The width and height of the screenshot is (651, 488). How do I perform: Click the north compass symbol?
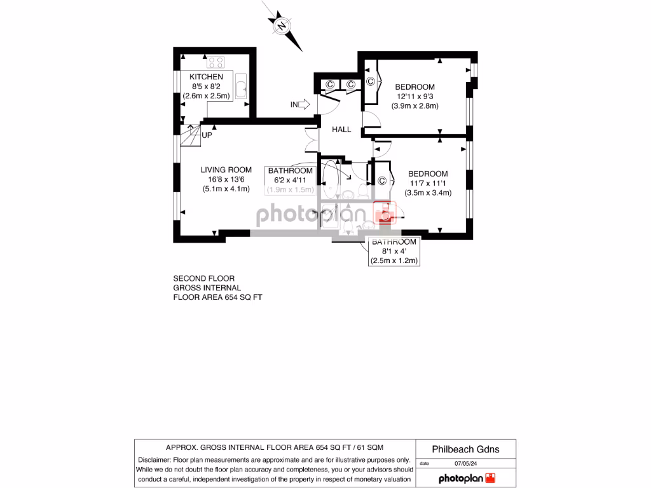[x=282, y=26]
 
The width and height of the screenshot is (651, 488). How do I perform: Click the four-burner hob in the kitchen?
[x=216, y=62]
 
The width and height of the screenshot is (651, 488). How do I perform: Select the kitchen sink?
[x=242, y=88]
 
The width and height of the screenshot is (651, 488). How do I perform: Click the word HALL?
[x=341, y=130]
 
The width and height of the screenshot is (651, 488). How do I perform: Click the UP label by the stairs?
[x=207, y=135]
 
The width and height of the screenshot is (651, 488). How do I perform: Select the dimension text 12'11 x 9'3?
[x=415, y=97]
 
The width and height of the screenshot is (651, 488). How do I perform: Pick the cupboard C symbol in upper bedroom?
[x=370, y=81]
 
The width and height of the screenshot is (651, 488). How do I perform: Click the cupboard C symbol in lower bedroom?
[x=382, y=181]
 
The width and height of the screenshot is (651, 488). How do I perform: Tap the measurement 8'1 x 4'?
[x=394, y=252]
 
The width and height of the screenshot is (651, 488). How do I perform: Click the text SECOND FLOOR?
[x=204, y=278]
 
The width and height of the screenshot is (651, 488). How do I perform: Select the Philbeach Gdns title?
[x=465, y=449]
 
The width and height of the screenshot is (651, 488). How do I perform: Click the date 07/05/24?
[x=465, y=464]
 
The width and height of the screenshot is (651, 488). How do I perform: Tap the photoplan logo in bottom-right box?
[x=466, y=478]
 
